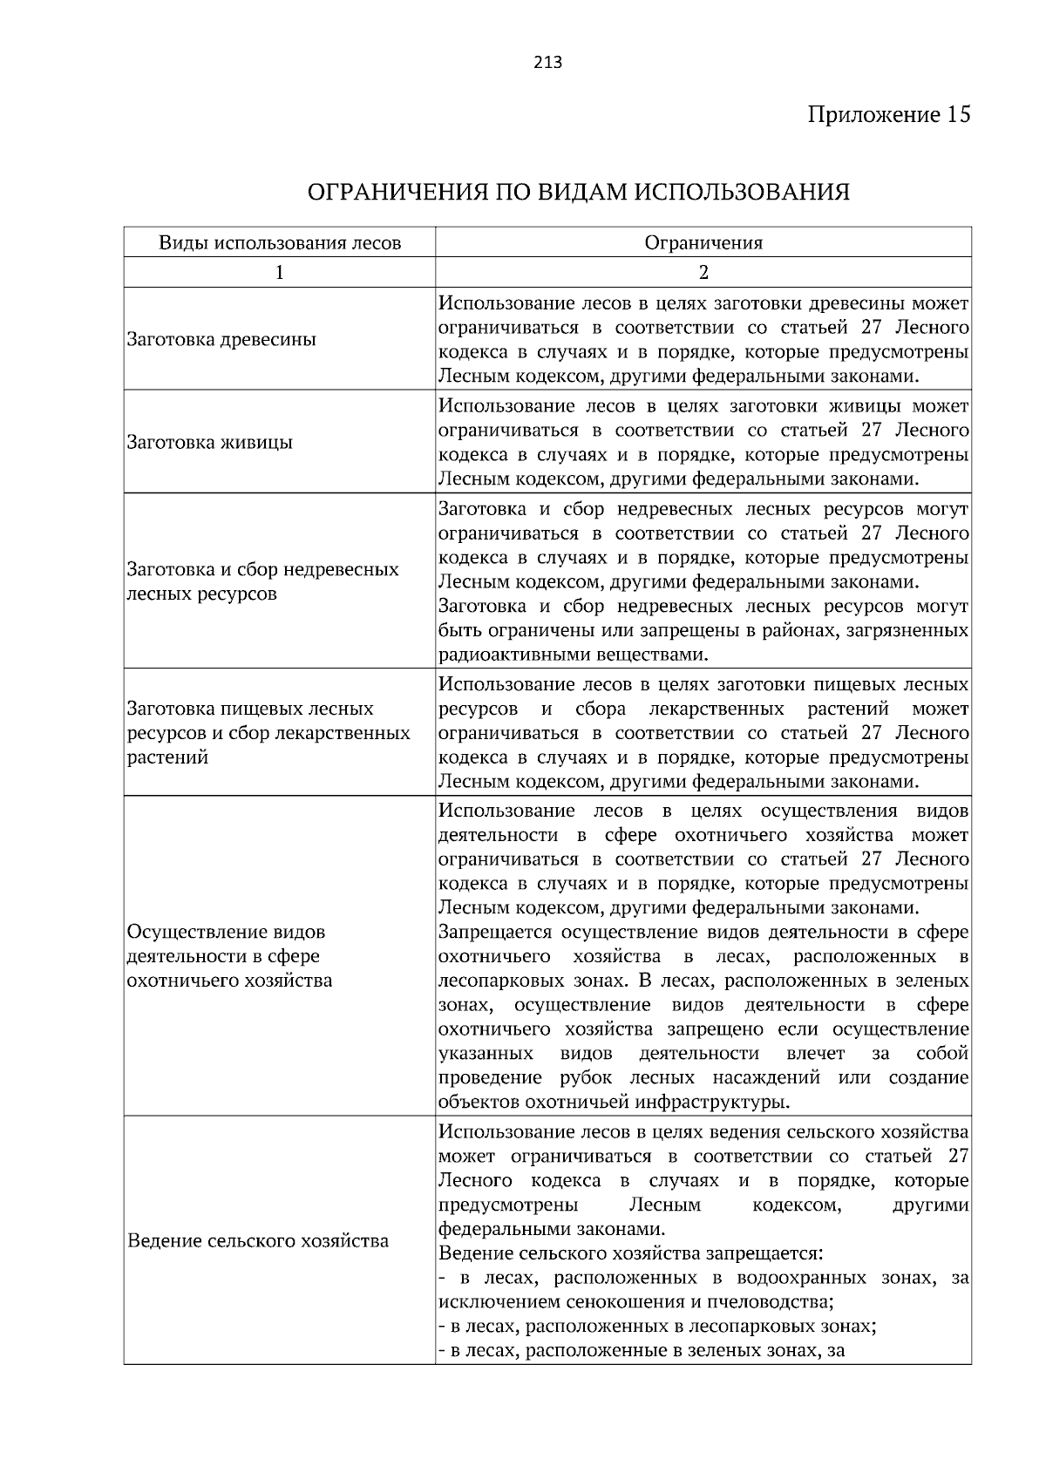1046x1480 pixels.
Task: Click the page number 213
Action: [547, 63]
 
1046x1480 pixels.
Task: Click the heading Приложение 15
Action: [888, 115]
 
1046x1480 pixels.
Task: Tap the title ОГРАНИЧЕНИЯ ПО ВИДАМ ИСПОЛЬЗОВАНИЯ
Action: [579, 192]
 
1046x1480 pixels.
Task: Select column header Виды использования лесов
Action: [280, 243]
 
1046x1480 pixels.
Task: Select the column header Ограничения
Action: [703, 243]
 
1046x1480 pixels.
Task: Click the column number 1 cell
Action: [280, 273]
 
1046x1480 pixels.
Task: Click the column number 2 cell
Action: [703, 273]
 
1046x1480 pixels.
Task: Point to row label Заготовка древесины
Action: [221, 339]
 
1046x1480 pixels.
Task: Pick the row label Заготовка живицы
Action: [209, 442]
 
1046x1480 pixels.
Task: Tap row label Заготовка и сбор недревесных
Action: [262, 570]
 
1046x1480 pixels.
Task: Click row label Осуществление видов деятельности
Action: [227, 932]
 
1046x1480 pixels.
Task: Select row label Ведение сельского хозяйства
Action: [258, 1240]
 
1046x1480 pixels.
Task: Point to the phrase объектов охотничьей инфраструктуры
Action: [614, 1103]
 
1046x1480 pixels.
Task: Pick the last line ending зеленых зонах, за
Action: [642, 1351]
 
